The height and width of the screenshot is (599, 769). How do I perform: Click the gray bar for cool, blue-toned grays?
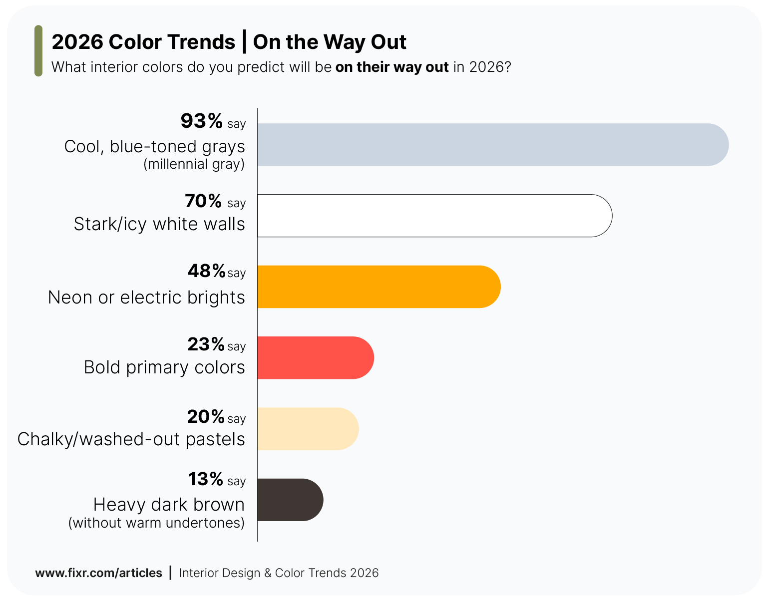pos(492,145)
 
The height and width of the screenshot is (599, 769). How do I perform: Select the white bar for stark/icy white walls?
pos(434,216)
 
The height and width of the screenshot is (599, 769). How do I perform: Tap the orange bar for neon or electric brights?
pos(379,287)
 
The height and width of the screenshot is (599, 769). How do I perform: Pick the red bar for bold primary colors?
pos(315,357)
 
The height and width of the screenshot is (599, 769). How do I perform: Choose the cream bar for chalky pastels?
pos(308,429)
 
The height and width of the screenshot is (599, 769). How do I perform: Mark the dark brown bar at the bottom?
pos(290,500)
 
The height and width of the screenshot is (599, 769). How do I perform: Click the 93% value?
pos(201,121)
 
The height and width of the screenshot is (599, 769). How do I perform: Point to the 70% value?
pos(203,201)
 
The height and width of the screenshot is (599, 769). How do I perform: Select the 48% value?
pos(206,271)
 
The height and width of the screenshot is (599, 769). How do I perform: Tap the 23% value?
pos(206,344)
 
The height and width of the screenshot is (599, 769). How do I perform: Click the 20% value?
pos(206,416)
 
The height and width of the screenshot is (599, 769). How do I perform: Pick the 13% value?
pos(205,479)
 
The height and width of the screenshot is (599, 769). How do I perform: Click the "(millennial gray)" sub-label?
pos(194,164)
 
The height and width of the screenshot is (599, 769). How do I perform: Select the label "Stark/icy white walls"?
pos(159,224)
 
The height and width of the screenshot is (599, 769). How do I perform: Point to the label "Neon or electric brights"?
pos(146,298)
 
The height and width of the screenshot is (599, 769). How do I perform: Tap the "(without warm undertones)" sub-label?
pos(156,523)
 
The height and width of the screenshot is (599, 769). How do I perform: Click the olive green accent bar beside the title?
pos(38,51)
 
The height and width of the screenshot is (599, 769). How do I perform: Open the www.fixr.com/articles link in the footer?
pos(98,573)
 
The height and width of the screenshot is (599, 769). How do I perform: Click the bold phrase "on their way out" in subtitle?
pos(392,67)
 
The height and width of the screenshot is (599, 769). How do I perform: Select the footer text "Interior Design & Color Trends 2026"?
pos(279,573)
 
